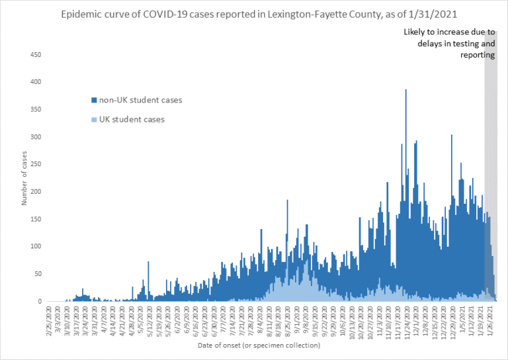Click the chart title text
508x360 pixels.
(x=255, y=15)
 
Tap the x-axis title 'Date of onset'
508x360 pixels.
(x=259, y=345)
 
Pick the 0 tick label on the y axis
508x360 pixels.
(x=44, y=301)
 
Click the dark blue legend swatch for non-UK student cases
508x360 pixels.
(x=94, y=101)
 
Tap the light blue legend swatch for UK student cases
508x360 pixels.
(x=94, y=120)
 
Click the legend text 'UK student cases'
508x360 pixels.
(x=132, y=120)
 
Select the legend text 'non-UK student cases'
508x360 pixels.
(x=140, y=101)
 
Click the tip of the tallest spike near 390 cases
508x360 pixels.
(x=405, y=90)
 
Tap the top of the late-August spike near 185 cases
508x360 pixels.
(x=287, y=201)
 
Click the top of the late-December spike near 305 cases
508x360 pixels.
(x=451, y=136)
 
